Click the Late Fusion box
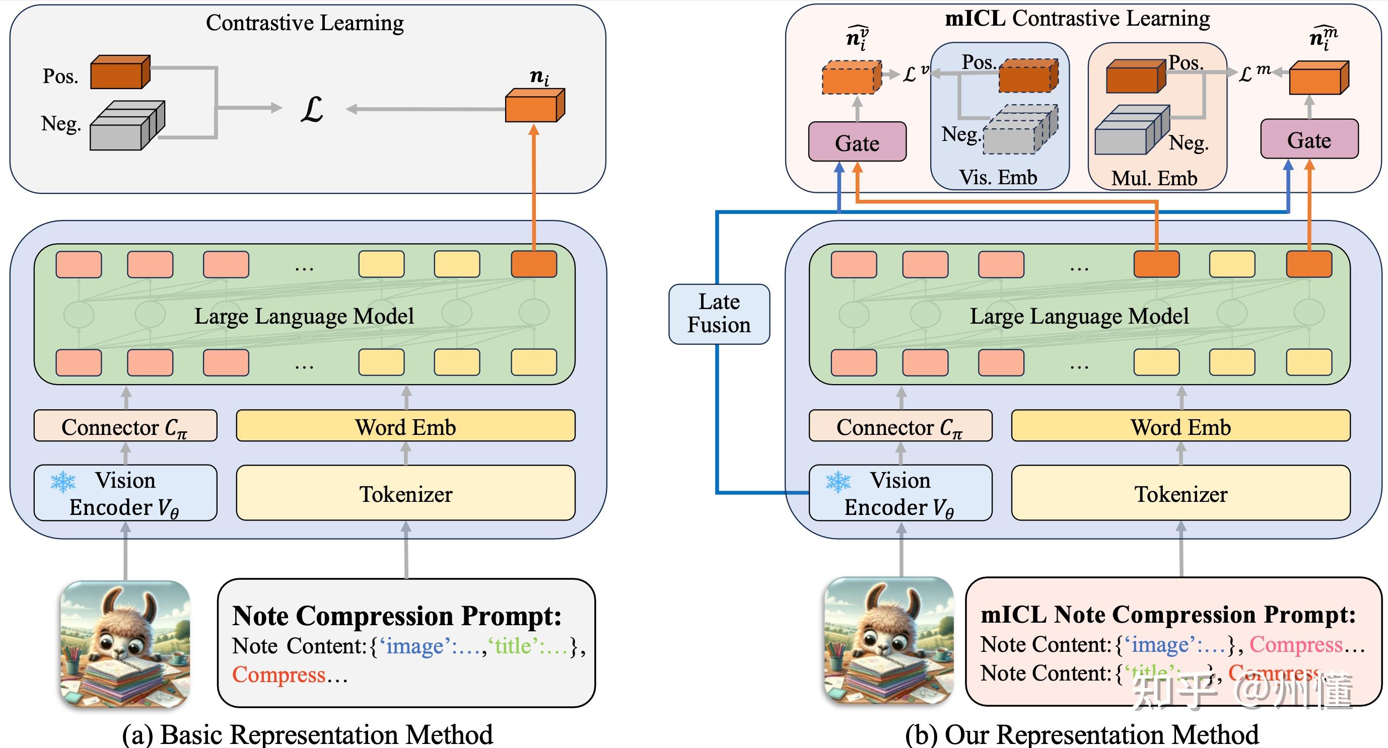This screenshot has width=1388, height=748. (719, 314)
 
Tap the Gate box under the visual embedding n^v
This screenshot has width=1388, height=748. (857, 142)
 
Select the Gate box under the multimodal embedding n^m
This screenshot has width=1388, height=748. (1309, 139)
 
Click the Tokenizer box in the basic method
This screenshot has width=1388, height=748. (405, 493)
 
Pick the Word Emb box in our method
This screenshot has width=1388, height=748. (1180, 426)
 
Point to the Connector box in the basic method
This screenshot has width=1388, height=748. (125, 426)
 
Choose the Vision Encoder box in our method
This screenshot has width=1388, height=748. (900, 493)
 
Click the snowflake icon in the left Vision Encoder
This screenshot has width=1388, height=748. (63, 482)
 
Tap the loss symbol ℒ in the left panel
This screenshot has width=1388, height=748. (311, 109)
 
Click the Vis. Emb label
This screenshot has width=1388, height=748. (998, 177)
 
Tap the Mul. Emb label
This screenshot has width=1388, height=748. (1154, 178)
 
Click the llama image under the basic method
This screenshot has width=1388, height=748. (125, 643)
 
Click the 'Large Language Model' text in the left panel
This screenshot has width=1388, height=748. (304, 316)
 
